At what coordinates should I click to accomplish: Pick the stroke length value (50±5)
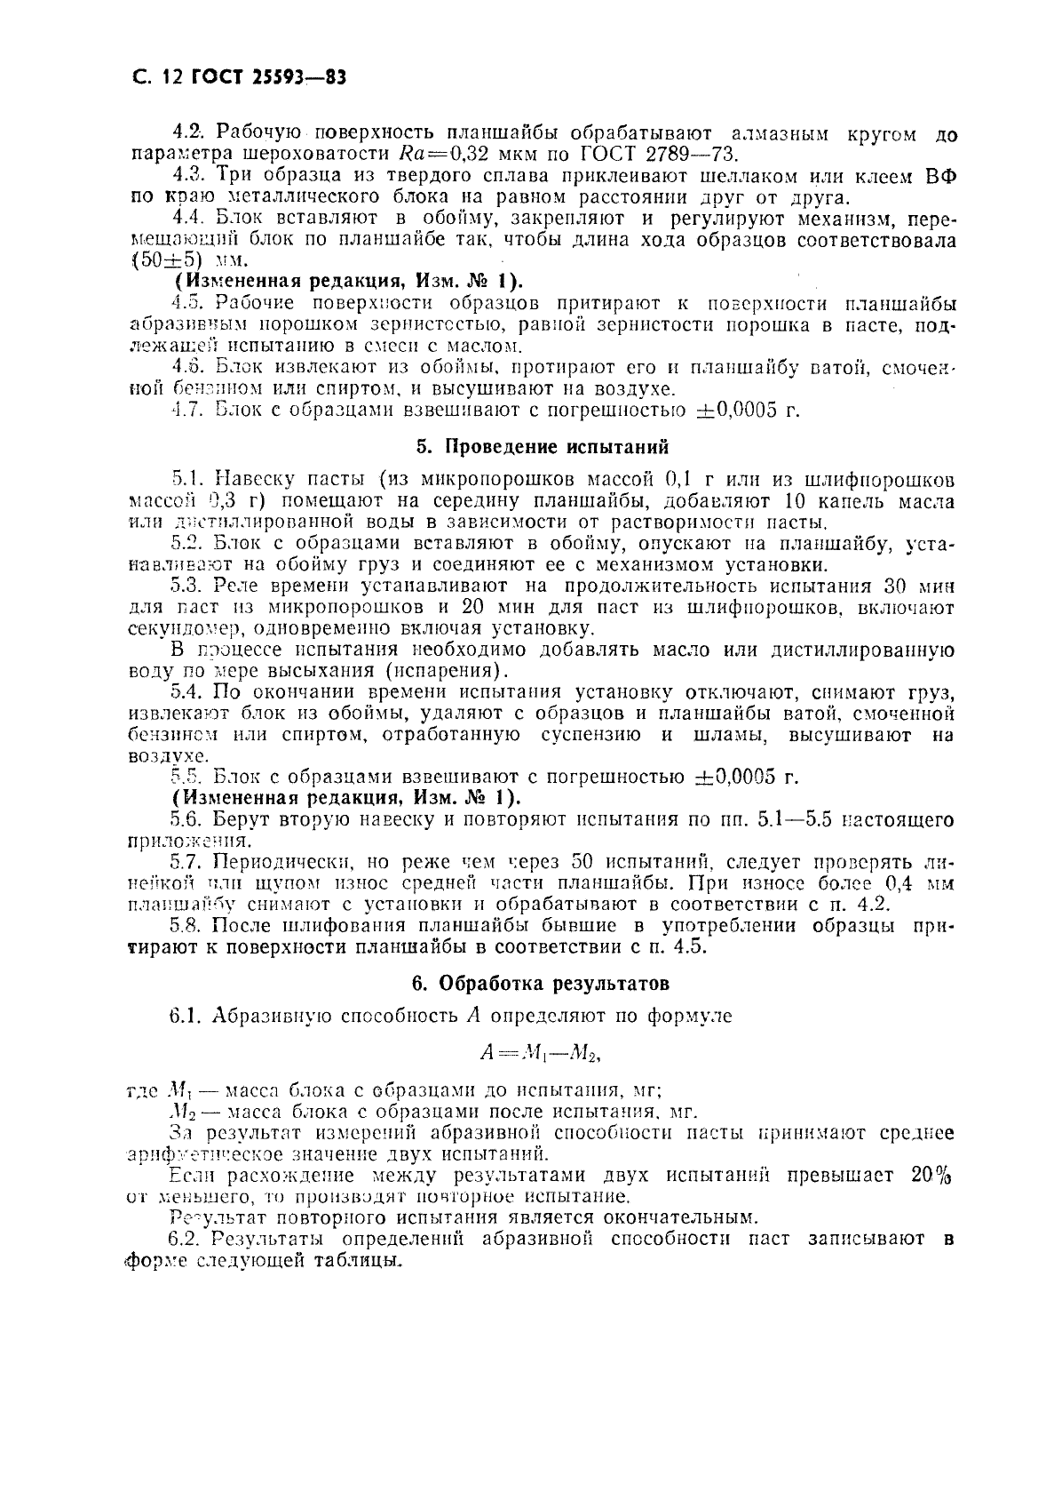coord(167,260)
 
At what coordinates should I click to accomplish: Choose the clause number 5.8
coord(186,925)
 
